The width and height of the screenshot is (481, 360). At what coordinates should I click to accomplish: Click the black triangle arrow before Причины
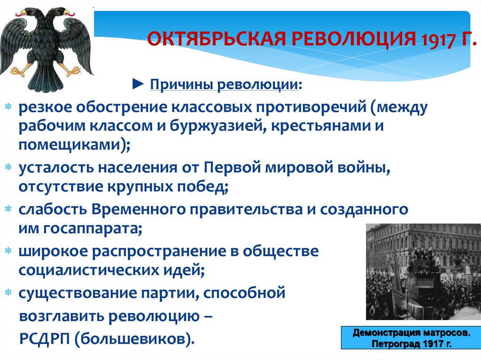coord(138,84)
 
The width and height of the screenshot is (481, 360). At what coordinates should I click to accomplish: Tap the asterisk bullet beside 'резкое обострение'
coord(8,107)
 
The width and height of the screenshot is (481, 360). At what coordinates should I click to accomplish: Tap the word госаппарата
coord(91,229)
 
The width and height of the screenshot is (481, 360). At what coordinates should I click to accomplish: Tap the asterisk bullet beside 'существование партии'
coord(8,293)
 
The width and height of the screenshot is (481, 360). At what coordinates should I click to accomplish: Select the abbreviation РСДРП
coord(45,338)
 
